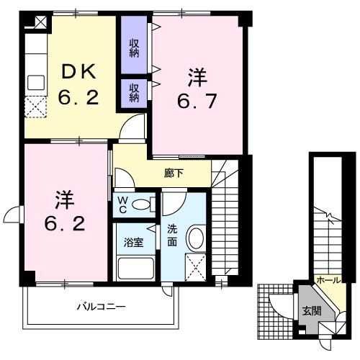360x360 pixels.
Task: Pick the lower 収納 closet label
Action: (134, 92)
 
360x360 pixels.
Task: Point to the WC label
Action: (122, 204)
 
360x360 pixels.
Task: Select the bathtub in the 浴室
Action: (135, 271)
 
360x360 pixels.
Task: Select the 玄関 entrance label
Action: (311, 311)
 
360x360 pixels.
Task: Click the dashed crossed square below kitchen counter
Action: (34, 108)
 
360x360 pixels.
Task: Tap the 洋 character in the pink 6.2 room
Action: (63, 198)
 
